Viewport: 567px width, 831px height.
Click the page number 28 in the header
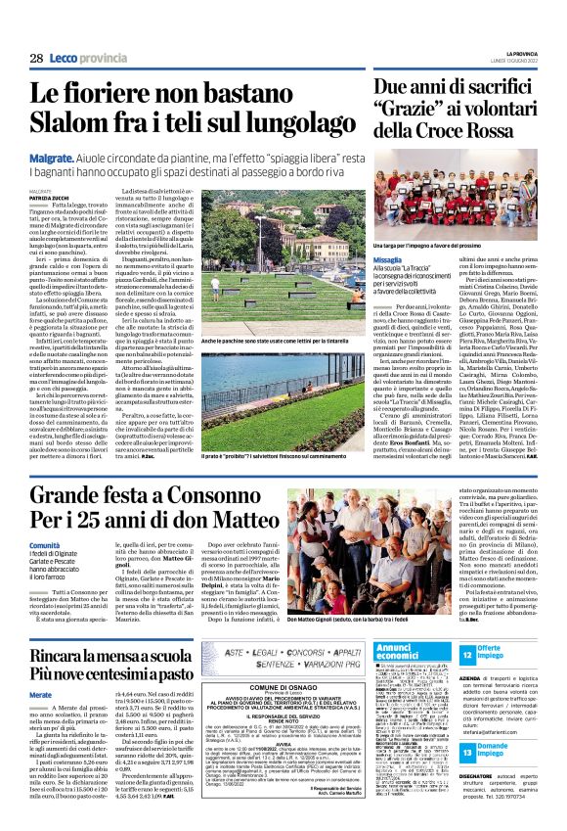coord(35,59)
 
